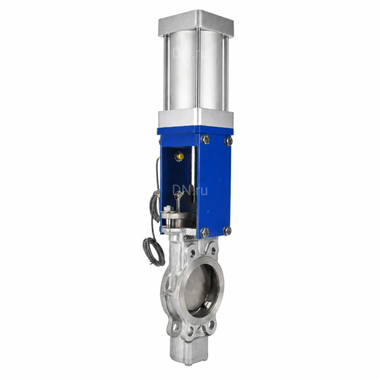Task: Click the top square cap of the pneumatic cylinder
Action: pos(196,23)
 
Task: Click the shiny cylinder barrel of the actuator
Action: pos(196,71)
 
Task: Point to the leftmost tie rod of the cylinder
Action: pos(166,73)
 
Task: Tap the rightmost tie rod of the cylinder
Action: pos(226,73)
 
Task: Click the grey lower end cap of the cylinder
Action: pos(196,119)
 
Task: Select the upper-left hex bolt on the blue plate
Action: pos(205,139)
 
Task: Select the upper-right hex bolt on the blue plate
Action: pos(228,141)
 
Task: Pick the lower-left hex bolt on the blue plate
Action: pos(205,232)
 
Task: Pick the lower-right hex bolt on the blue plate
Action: pos(227,231)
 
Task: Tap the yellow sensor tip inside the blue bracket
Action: pos(179,156)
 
